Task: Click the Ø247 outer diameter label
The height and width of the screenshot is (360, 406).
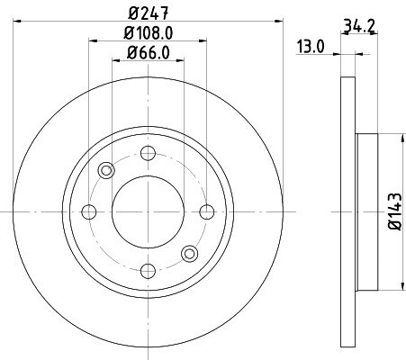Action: pos(149,13)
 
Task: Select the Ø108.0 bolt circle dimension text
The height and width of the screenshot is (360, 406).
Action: pos(149,33)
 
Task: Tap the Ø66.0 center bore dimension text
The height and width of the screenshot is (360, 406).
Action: pos(149,53)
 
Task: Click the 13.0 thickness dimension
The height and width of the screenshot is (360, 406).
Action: pos(311,47)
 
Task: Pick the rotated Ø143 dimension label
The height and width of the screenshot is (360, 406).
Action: pos(394,211)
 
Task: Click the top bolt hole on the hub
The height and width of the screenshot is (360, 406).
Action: pos(148,153)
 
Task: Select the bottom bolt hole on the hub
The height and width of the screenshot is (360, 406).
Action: pos(148,271)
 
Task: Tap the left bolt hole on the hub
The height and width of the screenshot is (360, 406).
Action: pos(89,211)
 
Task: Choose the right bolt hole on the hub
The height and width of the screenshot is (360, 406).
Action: pos(207,211)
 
